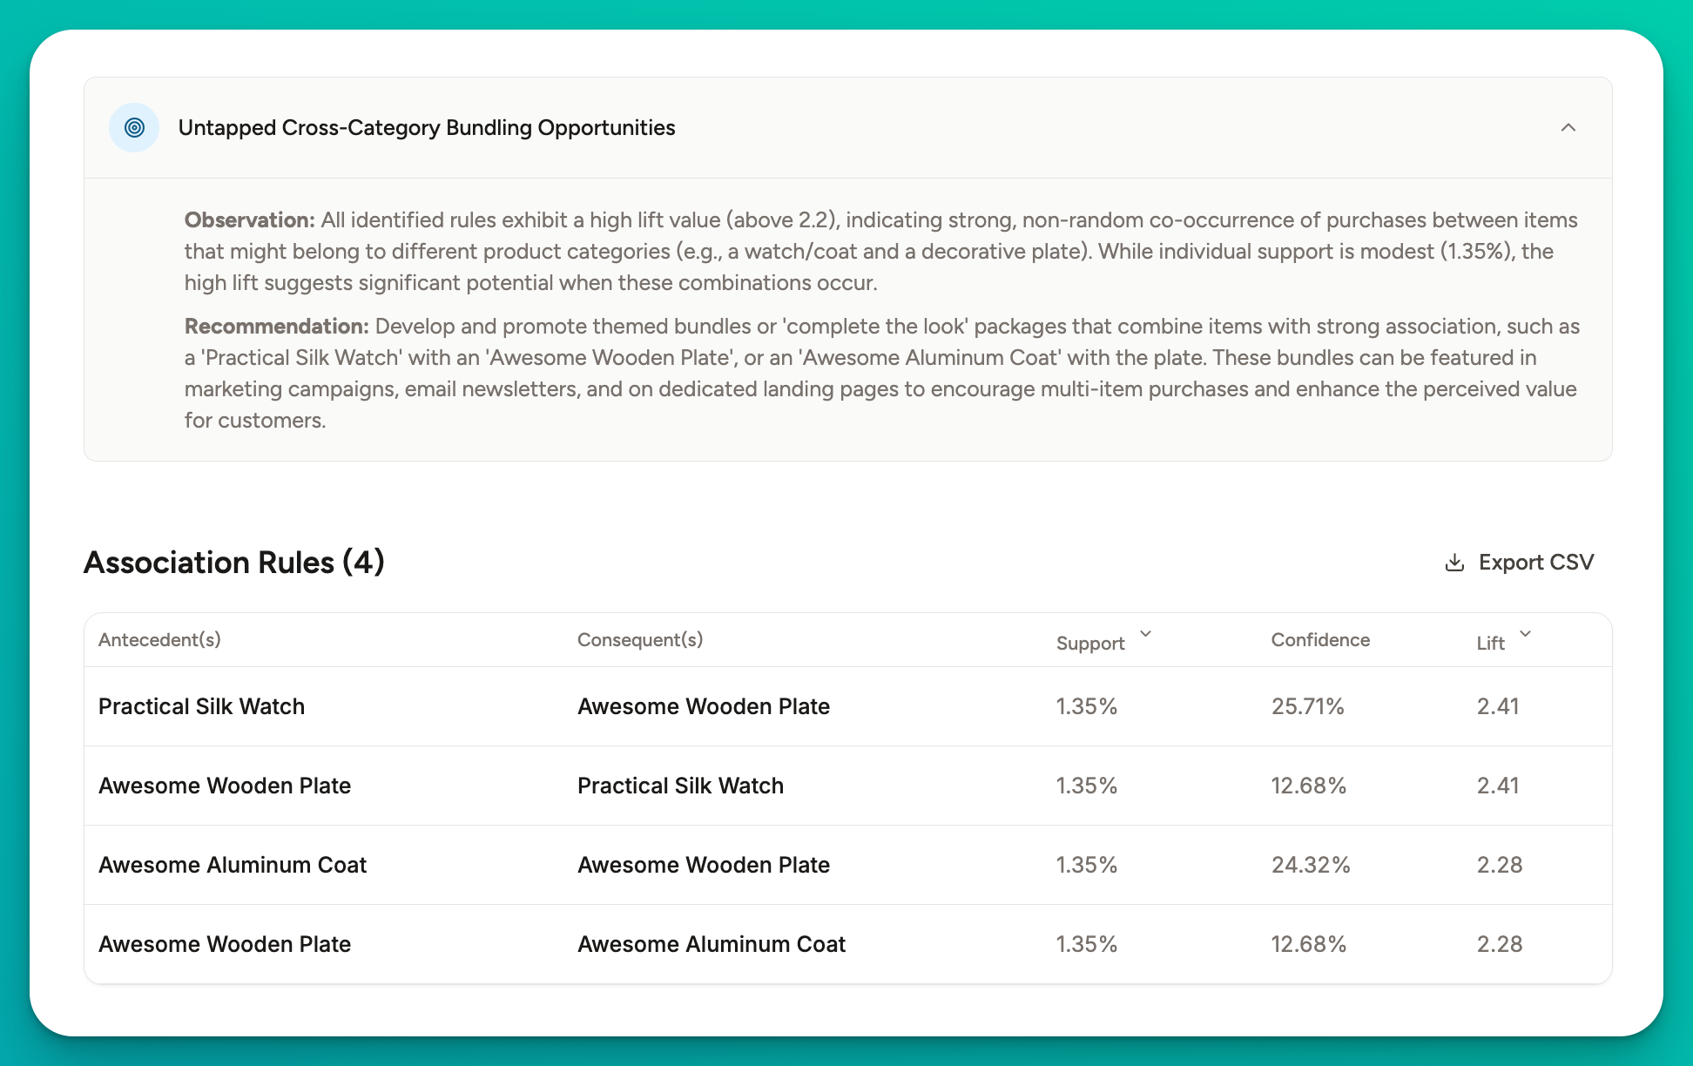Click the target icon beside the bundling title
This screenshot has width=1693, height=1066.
tap(134, 128)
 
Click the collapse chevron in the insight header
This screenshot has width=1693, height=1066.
tap(1568, 128)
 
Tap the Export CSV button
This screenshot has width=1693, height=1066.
tap(1519, 563)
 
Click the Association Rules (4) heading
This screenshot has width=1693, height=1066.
tap(233, 563)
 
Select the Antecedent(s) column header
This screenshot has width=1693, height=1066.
tap(159, 640)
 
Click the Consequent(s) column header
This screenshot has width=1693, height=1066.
tap(640, 640)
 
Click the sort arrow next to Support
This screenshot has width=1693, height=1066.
tap(1145, 635)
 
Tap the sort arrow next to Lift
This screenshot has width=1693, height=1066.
tap(1525, 635)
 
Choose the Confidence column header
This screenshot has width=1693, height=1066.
tap(1320, 640)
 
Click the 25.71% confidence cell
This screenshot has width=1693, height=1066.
tap(1307, 706)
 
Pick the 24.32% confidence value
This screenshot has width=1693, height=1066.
tap(1310, 865)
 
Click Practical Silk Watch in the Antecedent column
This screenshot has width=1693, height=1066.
tap(201, 706)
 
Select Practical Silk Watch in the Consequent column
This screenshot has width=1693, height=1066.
tap(680, 786)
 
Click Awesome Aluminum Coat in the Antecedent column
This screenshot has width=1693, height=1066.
tap(233, 865)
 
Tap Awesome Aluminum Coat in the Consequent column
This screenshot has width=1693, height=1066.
tap(712, 944)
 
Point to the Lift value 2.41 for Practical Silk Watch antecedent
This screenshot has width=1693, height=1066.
tap(1498, 706)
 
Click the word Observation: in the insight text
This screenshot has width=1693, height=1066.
tap(249, 220)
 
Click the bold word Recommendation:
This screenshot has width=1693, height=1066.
tap(276, 327)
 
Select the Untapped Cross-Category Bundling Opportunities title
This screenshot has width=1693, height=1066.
tap(427, 128)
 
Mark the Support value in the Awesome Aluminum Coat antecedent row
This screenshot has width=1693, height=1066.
tap(1086, 865)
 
